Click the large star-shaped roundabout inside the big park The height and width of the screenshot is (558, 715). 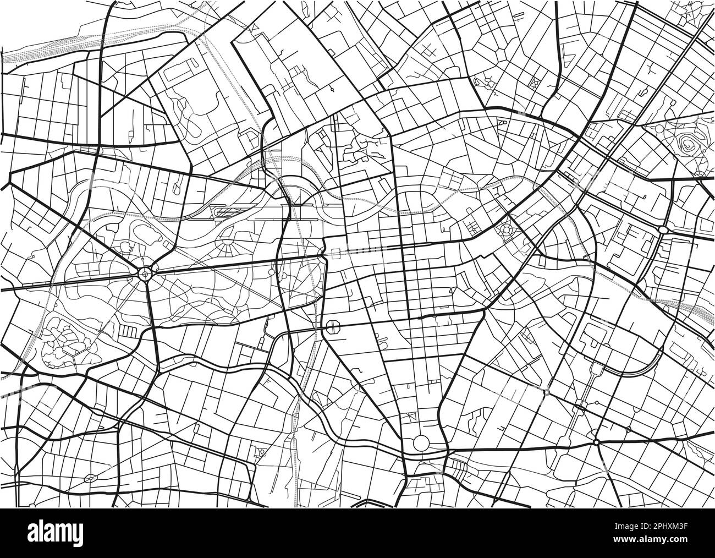click(145, 272)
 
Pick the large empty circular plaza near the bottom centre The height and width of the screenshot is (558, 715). click(421, 442)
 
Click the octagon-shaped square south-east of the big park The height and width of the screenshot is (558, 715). click(333, 326)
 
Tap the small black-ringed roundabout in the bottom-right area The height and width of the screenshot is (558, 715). click(596, 442)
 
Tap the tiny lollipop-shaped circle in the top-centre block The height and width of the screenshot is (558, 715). click(333, 88)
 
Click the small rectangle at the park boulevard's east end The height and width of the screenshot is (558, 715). click(336, 253)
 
